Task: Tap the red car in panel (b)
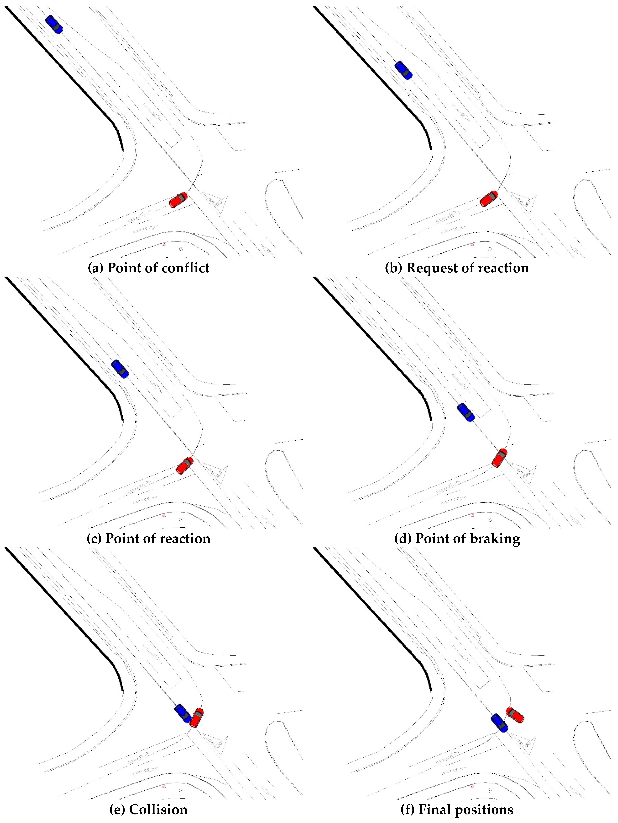point(489,199)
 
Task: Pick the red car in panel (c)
point(185,465)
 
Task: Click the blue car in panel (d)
point(466,412)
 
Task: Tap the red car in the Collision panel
point(197,718)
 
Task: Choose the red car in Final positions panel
point(515,715)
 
